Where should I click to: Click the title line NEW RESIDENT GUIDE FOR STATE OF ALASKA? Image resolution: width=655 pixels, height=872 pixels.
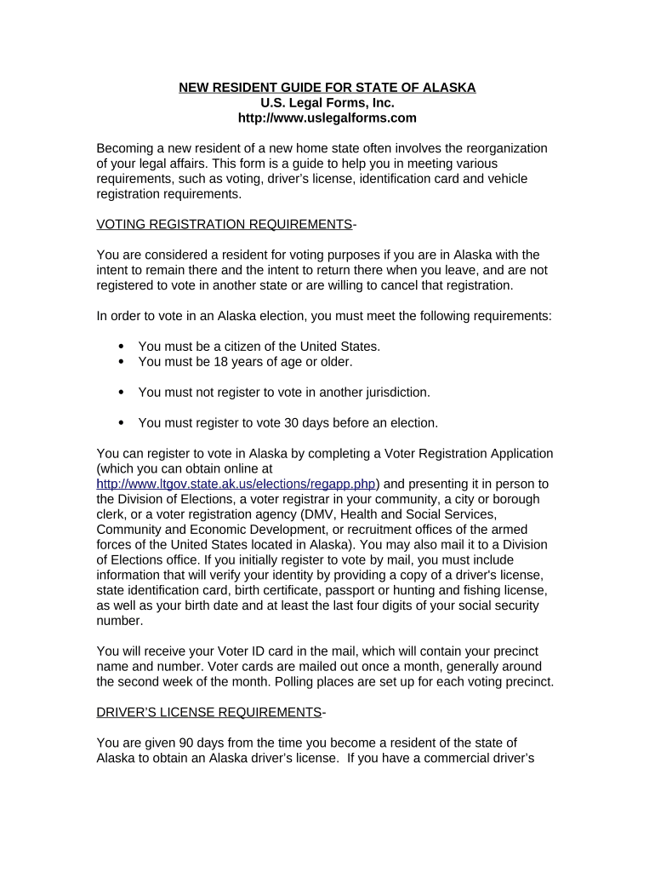tap(327, 88)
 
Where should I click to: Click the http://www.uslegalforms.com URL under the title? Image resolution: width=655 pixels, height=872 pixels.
tap(327, 118)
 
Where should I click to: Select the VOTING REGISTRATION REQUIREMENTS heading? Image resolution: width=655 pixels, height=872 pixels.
tap(225, 224)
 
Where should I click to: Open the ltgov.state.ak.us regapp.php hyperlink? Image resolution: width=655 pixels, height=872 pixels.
tap(236, 484)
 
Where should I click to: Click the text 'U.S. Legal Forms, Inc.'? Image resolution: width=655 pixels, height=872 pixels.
tap(327, 103)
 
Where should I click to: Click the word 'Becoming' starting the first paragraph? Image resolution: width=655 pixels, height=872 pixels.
tap(126, 148)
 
